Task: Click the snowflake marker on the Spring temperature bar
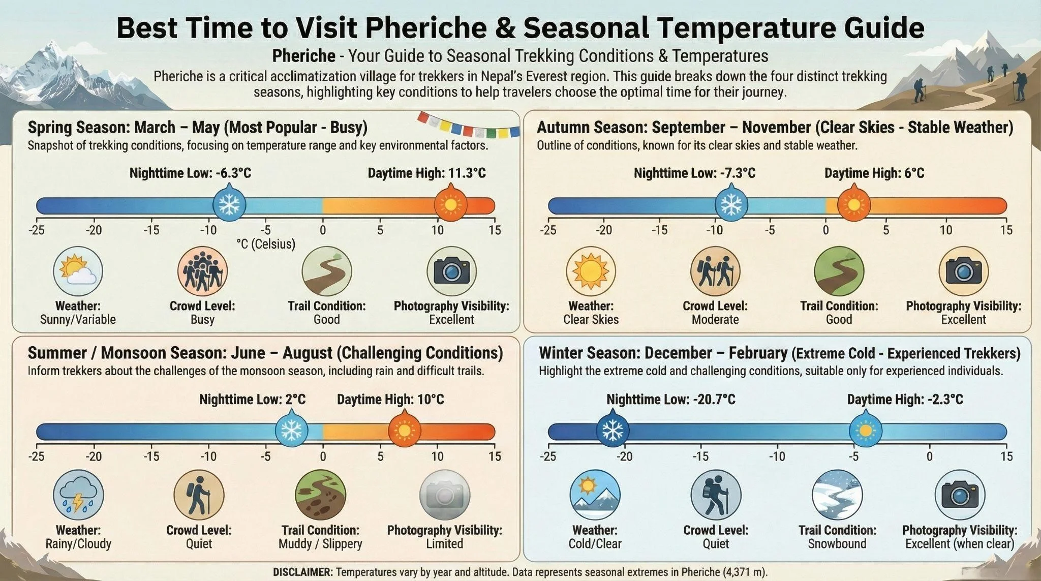(x=229, y=205)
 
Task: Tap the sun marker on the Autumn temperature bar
(x=853, y=204)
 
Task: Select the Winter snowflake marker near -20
(x=612, y=432)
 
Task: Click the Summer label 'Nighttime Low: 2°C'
(x=252, y=400)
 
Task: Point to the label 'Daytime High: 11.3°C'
(x=426, y=173)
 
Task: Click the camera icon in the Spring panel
(x=451, y=271)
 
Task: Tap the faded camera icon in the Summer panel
(x=444, y=495)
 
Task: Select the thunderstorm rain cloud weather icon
(x=78, y=495)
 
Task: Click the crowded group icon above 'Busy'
(x=202, y=271)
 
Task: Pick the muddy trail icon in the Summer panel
(x=320, y=495)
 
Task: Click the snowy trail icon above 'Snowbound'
(x=837, y=495)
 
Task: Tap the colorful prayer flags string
(x=468, y=125)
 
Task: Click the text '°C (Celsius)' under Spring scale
(x=265, y=244)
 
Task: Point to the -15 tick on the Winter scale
(x=700, y=456)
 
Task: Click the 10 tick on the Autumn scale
(x=945, y=230)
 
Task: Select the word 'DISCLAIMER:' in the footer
(x=303, y=572)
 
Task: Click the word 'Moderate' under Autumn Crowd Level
(x=715, y=320)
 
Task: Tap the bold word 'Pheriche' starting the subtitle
(x=303, y=55)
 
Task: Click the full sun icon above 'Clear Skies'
(x=591, y=271)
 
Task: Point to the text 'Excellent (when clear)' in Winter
(x=959, y=544)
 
